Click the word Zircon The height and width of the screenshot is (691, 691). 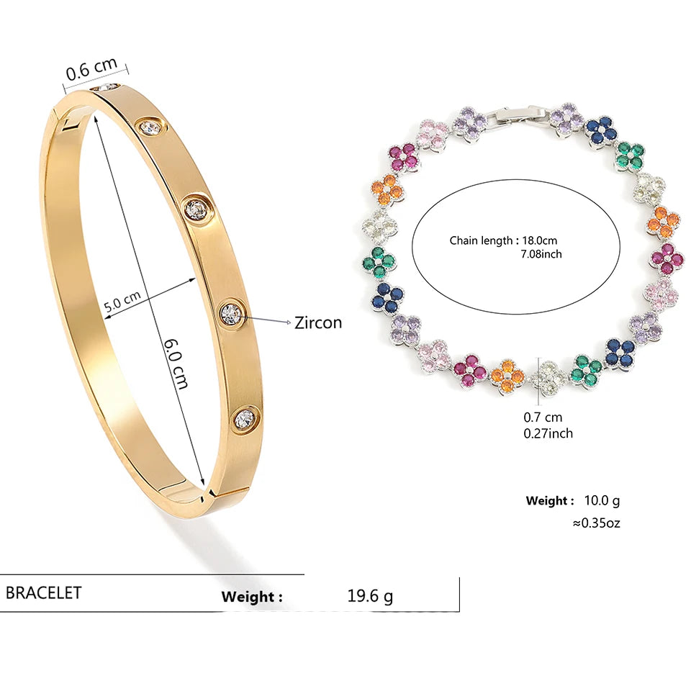coord(318,322)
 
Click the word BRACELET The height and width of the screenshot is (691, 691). coord(44,592)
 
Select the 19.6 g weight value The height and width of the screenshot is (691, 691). coord(370,596)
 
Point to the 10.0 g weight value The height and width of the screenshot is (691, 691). coord(602,500)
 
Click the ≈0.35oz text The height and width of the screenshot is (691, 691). coord(596,523)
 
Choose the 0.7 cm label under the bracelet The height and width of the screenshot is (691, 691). coord(543,417)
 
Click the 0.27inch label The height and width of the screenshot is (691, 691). coord(548,433)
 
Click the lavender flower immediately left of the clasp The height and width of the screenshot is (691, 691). coord(469,122)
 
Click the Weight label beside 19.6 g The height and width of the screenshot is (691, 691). coord(252,597)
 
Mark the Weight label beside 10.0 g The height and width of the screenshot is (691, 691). coord(550,500)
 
